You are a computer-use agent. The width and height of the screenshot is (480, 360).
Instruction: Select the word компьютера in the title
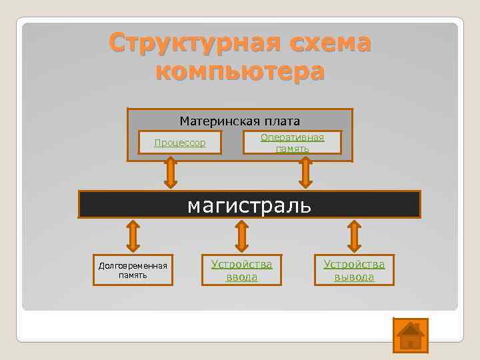240,69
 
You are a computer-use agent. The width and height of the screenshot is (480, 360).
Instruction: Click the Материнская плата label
240,121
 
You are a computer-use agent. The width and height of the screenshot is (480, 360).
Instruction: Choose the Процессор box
180,143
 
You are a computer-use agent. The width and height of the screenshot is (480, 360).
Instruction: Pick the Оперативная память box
292,143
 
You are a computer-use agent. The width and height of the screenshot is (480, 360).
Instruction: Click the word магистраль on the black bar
249,204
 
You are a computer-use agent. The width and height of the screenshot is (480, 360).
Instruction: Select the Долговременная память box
133,270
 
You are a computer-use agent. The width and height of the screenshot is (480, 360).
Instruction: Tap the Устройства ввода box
241,270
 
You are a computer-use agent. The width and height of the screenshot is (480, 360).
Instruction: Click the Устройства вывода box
354,270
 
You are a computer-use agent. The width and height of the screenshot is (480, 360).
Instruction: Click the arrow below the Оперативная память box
306,172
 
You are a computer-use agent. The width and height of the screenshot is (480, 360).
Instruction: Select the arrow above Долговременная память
133,236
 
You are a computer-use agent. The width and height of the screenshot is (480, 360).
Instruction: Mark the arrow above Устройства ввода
242,236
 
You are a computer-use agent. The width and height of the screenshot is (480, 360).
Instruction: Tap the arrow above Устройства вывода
354,236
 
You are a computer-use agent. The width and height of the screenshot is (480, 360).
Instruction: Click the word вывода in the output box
354,277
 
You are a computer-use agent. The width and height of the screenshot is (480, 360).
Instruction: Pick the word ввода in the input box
241,277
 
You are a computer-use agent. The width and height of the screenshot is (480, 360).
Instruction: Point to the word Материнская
217,121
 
